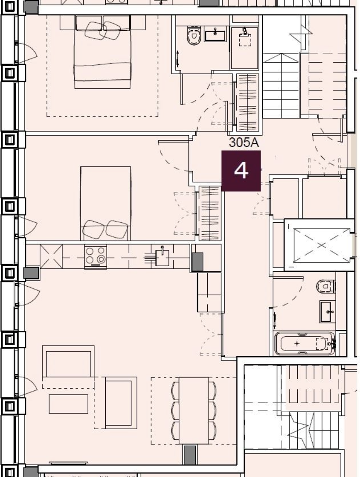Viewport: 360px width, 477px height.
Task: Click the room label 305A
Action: pyautogui.click(x=244, y=143)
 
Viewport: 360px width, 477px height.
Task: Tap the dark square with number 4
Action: pyautogui.click(x=241, y=171)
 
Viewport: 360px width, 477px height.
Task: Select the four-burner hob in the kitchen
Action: pyautogui.click(x=96, y=256)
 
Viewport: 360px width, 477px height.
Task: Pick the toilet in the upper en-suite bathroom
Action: pyautogui.click(x=194, y=36)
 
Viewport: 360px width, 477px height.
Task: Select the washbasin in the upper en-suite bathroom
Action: pyautogui.click(x=216, y=34)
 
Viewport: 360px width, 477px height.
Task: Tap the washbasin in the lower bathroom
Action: pyautogui.click(x=328, y=311)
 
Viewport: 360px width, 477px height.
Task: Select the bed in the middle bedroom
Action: pyautogui.click(x=105, y=203)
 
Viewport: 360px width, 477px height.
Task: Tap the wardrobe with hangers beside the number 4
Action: pyautogui.click(x=209, y=213)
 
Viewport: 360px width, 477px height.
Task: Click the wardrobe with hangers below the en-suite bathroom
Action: pyautogui.click(x=247, y=102)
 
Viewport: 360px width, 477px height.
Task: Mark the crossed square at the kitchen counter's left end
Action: pyautogui.click(x=51, y=256)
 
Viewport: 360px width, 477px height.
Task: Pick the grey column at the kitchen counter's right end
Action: pyautogui.click(x=197, y=262)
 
